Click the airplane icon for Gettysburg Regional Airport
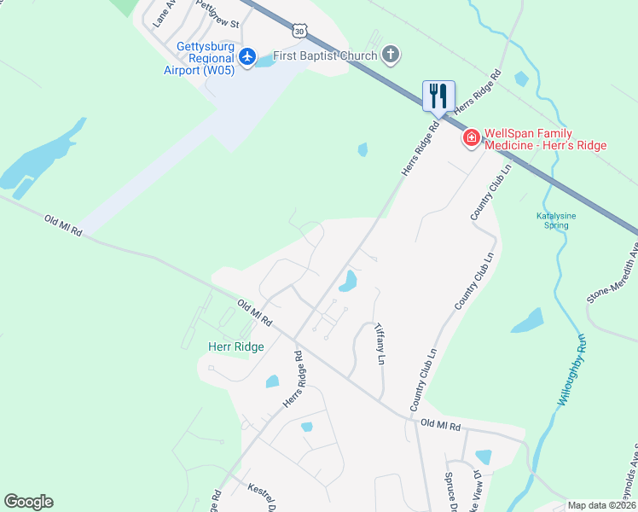(x=247, y=56)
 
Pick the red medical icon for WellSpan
(x=470, y=138)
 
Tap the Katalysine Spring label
(x=556, y=221)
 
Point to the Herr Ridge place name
(x=236, y=346)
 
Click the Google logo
(x=28, y=502)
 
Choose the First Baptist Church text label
(x=324, y=57)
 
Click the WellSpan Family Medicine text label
(x=545, y=139)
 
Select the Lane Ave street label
(x=163, y=15)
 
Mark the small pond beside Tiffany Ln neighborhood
(x=347, y=280)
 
